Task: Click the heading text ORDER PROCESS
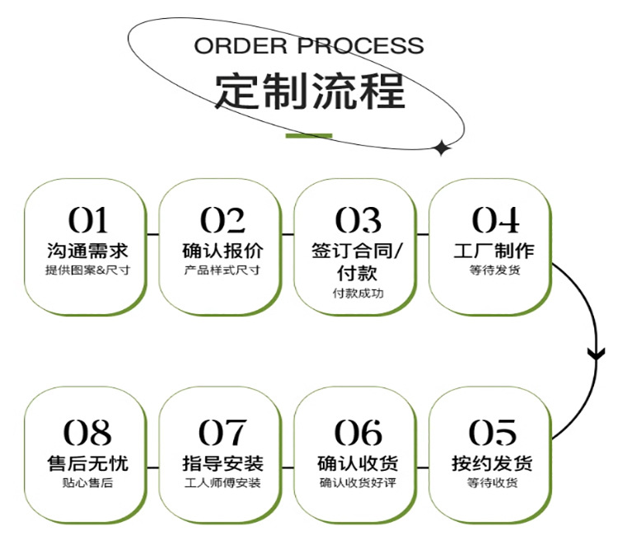click(309, 45)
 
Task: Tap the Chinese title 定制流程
click(310, 92)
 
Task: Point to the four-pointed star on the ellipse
click(442, 148)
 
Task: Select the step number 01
click(87, 220)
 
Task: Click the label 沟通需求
click(87, 250)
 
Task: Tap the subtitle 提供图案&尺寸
click(87, 270)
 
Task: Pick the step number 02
click(222, 220)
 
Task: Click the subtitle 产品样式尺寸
click(222, 270)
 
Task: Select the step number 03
click(358, 220)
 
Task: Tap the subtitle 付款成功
click(358, 294)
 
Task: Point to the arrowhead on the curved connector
click(596, 355)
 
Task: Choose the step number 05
click(493, 432)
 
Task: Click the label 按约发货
click(493, 462)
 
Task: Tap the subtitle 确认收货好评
click(358, 482)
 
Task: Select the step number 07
click(222, 432)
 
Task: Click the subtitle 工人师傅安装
click(222, 482)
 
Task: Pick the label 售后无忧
click(87, 462)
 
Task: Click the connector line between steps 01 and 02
click(152, 235)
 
